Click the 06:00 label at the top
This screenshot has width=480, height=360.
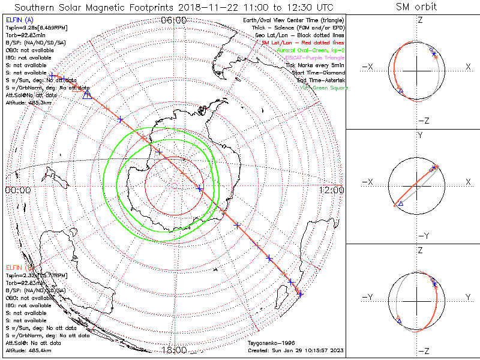(174, 20)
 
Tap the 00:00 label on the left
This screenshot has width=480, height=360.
(17, 190)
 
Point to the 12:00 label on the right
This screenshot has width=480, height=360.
(332, 190)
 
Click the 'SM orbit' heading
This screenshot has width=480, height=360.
(416, 7)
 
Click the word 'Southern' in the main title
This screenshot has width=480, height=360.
(41, 7)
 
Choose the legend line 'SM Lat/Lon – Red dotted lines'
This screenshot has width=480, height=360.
(303, 43)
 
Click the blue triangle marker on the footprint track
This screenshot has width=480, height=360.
(87, 94)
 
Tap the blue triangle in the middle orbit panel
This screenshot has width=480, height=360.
(401, 205)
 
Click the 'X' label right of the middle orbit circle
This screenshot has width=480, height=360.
(467, 182)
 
